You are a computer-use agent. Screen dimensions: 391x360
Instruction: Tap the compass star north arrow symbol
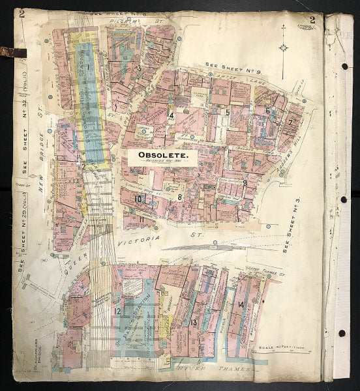(282, 47)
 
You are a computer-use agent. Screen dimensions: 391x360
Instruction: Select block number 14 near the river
(241, 304)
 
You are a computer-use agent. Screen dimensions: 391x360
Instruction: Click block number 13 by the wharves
(193, 322)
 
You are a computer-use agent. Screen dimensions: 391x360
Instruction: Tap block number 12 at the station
(118, 311)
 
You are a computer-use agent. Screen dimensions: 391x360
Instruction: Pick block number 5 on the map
(226, 112)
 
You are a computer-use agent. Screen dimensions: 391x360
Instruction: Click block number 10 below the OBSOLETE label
(138, 199)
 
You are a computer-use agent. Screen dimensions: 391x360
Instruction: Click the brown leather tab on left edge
(12, 53)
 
